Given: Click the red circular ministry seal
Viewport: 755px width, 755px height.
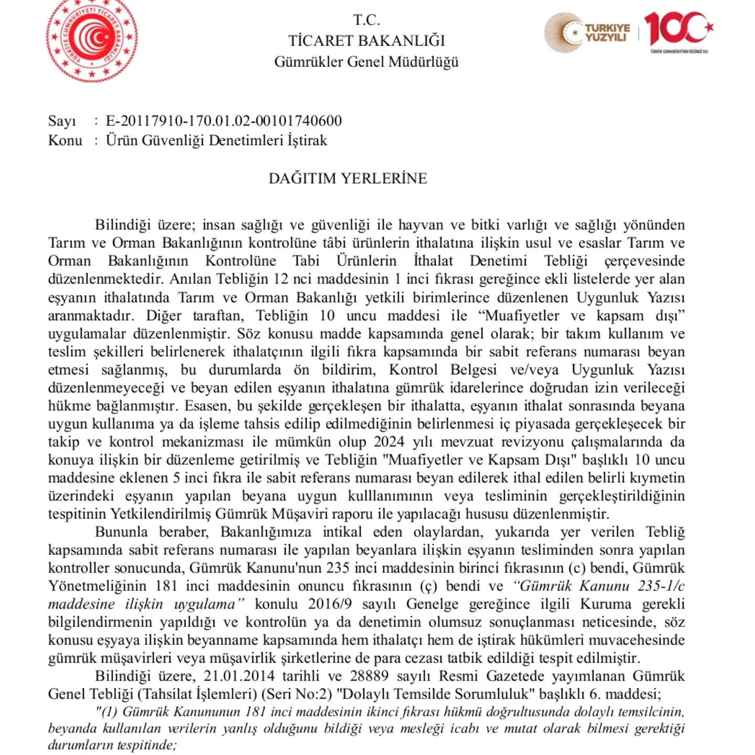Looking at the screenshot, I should tap(92, 40).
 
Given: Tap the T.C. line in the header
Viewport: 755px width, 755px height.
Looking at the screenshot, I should tap(366, 20).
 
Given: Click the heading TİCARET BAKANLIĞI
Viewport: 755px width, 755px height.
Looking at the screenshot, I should tap(366, 40).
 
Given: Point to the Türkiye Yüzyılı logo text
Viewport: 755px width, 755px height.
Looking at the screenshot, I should tap(607, 33).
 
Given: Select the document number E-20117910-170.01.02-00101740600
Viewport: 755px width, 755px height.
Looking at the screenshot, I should tap(224, 121).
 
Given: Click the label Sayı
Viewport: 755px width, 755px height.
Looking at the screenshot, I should tap(62, 121).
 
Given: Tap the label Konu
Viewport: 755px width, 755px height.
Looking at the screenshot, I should tap(65, 141).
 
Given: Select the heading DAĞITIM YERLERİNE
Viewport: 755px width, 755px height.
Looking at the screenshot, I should tap(348, 178).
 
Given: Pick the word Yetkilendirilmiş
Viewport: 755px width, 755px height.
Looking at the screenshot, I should tap(160, 514).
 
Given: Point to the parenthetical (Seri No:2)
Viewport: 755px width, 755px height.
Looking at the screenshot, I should tap(298, 694).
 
